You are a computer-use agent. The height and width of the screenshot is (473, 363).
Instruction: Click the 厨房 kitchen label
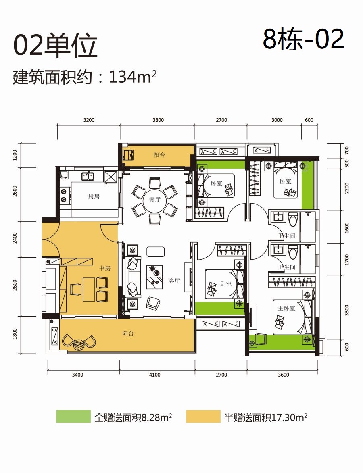tap(94, 196)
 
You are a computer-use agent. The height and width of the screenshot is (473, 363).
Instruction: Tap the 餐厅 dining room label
tap(155, 199)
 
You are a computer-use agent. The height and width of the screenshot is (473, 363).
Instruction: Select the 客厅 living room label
tap(174, 281)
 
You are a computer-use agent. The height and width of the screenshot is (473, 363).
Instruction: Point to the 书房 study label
tap(105, 268)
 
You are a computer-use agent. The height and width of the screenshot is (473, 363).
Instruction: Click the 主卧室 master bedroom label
tap(286, 308)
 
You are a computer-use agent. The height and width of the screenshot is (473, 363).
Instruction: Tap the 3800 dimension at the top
tap(158, 120)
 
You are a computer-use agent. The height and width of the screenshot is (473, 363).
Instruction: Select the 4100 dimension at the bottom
tap(154, 375)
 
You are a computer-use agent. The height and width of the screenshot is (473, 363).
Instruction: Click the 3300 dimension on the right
tap(347, 310)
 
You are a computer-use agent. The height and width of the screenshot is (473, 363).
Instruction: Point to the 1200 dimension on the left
tap(15, 155)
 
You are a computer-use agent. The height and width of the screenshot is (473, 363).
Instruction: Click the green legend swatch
tap(73, 416)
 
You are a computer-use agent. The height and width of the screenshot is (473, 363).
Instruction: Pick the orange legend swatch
tap(203, 416)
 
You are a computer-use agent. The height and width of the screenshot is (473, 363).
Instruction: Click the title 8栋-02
tap(304, 39)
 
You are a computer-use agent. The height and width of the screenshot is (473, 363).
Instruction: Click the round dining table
tap(155, 199)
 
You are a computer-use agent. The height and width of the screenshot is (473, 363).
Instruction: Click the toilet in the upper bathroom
tap(293, 219)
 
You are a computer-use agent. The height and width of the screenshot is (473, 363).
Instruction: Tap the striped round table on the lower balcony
tap(79, 345)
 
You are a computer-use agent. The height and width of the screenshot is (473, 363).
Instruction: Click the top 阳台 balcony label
tap(159, 155)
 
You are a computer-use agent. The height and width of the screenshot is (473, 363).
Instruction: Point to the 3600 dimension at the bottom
tap(283, 375)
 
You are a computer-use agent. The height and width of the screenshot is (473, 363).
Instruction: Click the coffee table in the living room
tap(155, 252)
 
